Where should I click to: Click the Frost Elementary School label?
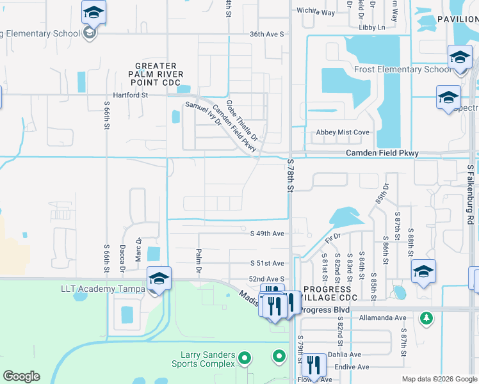point(403,69)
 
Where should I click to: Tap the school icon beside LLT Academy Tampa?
point(159,279)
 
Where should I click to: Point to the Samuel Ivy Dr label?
point(203,115)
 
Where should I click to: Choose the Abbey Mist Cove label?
point(343,132)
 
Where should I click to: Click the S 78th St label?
point(290,177)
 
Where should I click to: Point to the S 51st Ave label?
point(266,263)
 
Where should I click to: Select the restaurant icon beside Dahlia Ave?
point(313,364)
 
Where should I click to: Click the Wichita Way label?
point(316,12)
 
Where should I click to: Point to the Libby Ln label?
point(372,28)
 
